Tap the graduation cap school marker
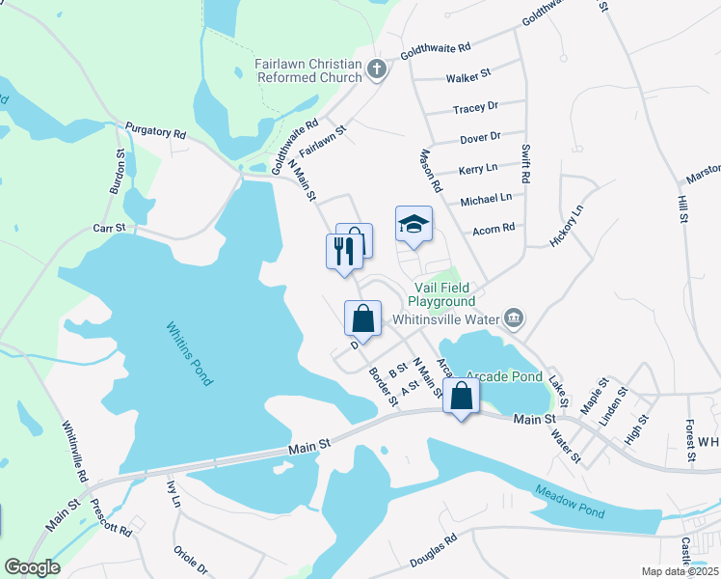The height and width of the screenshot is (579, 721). point(414,225)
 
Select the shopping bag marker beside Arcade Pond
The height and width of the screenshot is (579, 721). point(462,396)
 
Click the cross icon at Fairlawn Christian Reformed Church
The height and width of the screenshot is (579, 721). point(377,69)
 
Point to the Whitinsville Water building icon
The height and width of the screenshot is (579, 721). point(514,317)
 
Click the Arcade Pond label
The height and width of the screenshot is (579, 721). point(504,375)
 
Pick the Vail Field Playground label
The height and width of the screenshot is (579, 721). point(444,294)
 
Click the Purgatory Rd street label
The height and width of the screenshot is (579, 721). point(155,130)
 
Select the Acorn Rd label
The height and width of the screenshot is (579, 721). point(494,229)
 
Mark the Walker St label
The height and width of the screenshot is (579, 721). point(468,74)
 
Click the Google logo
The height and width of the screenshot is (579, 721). point(32,567)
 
